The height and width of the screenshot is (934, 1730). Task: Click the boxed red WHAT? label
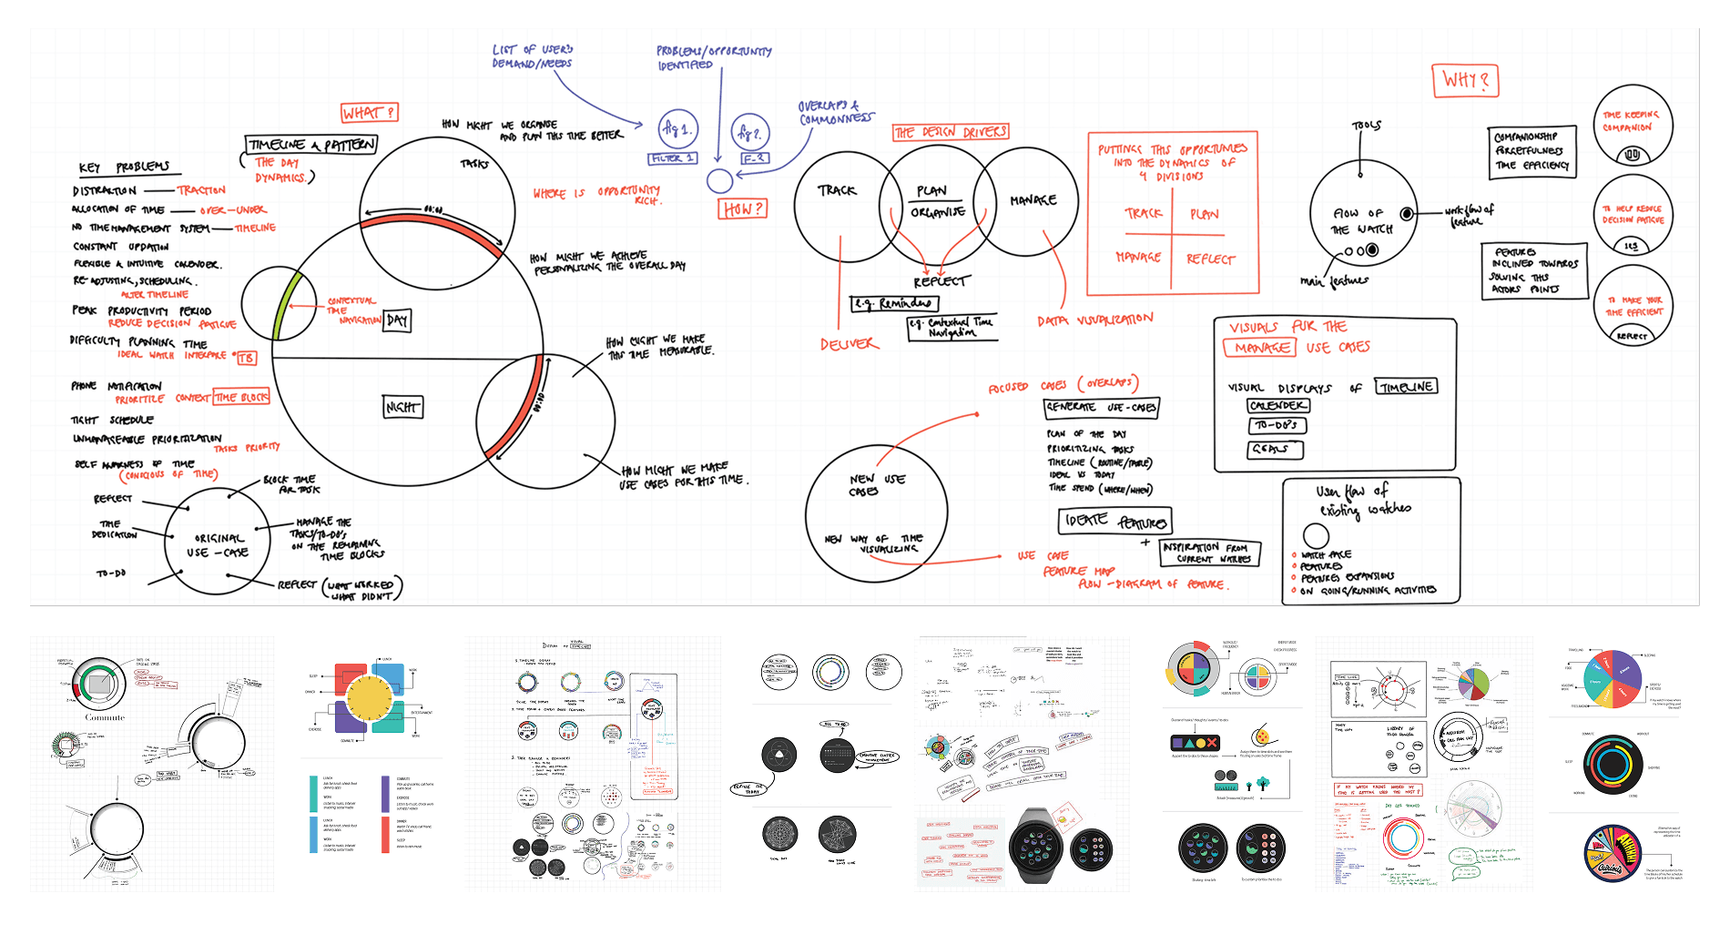click(x=369, y=113)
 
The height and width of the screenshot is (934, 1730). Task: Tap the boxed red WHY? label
click(x=1465, y=81)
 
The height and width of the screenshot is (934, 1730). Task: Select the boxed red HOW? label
click(x=743, y=209)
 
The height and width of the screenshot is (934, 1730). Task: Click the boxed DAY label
click(x=397, y=320)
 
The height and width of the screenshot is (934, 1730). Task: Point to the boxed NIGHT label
click(x=402, y=407)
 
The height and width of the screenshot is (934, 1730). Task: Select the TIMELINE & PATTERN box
click(x=311, y=145)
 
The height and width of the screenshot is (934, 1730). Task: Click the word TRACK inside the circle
click(x=837, y=190)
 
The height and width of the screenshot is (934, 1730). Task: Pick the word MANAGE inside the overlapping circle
click(x=1033, y=199)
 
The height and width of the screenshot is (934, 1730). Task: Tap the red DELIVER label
click(x=849, y=344)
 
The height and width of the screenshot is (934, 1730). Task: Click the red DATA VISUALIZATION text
click(x=1094, y=320)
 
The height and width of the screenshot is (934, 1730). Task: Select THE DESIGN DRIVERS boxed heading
click(x=951, y=132)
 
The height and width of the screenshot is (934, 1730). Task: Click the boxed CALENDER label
click(x=1278, y=405)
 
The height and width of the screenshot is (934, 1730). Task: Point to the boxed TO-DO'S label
click(x=1277, y=425)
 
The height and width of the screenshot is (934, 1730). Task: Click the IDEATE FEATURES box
click(x=1114, y=521)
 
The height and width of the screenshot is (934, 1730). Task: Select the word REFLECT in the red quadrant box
click(x=1210, y=259)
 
